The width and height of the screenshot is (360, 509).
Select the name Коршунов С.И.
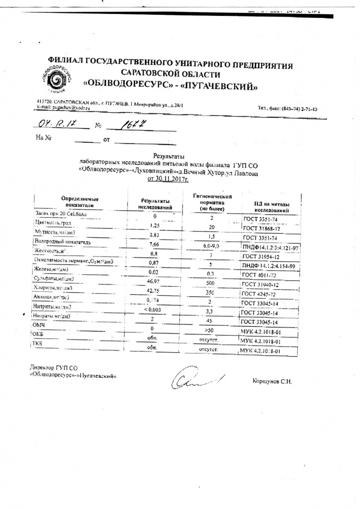coord(272,382)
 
